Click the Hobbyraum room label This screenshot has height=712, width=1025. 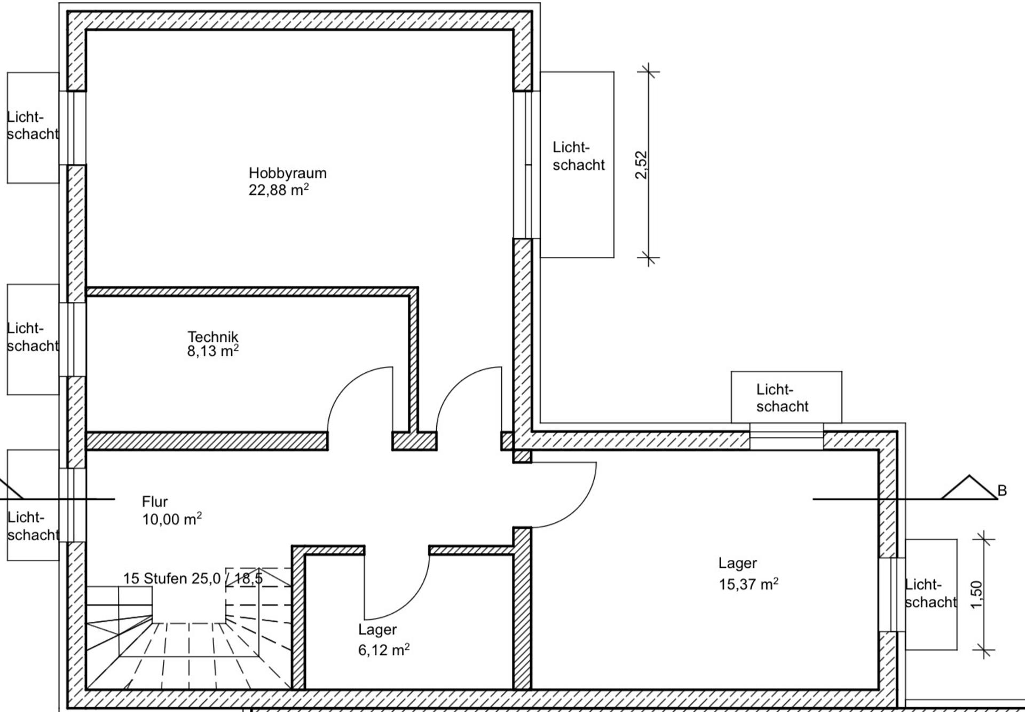[x=287, y=173]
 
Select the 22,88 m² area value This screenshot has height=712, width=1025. [x=279, y=190]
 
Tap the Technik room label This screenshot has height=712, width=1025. [x=212, y=337]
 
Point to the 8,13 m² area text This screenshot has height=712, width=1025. [x=212, y=351]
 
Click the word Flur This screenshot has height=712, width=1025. [x=155, y=502]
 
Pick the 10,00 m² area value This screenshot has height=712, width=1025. [x=172, y=519]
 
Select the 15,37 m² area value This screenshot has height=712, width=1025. [x=748, y=584]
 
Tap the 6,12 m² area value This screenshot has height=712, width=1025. [x=384, y=650]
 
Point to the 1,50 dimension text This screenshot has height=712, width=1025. [x=976, y=594]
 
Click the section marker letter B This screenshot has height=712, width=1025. [x=1002, y=490]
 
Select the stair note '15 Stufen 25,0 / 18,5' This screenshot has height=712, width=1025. [x=193, y=578]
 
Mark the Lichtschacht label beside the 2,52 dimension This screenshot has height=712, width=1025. [x=579, y=156]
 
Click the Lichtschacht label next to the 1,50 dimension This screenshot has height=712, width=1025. [x=931, y=593]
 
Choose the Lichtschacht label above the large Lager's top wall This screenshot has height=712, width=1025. [x=782, y=398]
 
